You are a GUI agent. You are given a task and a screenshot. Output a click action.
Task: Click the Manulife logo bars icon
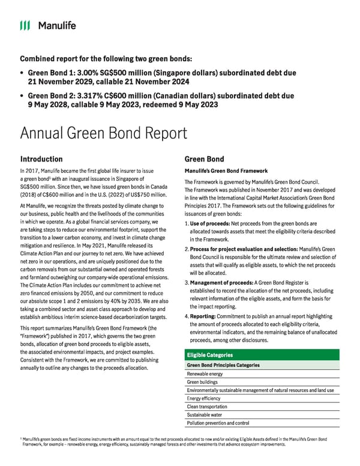pos(25,25)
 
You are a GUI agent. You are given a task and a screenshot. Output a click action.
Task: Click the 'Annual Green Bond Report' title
pos(103,133)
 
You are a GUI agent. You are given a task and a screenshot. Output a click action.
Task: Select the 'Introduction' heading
pos(41,159)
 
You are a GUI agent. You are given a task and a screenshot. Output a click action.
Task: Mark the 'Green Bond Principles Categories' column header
pos(223,365)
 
